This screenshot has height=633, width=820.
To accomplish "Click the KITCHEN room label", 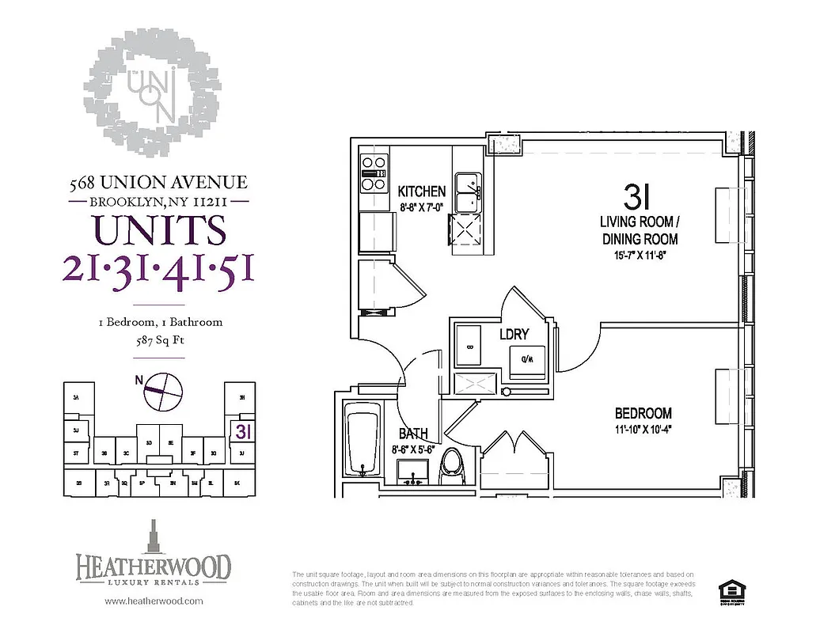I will pyautogui.click(x=421, y=191).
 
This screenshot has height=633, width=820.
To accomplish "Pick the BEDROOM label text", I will pyautogui.click(x=643, y=413).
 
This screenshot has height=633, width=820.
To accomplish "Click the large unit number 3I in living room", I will pyautogui.click(x=632, y=195).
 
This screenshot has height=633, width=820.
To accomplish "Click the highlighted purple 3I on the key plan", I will pyautogui.click(x=242, y=432).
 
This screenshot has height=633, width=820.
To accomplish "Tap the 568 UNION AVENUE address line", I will pyautogui.click(x=158, y=183).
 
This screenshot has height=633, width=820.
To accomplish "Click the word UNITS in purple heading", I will pyautogui.click(x=159, y=230).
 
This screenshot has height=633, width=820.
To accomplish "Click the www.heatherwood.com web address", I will pyautogui.click(x=154, y=601).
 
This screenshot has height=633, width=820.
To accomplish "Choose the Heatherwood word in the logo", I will pyautogui.click(x=154, y=567).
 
